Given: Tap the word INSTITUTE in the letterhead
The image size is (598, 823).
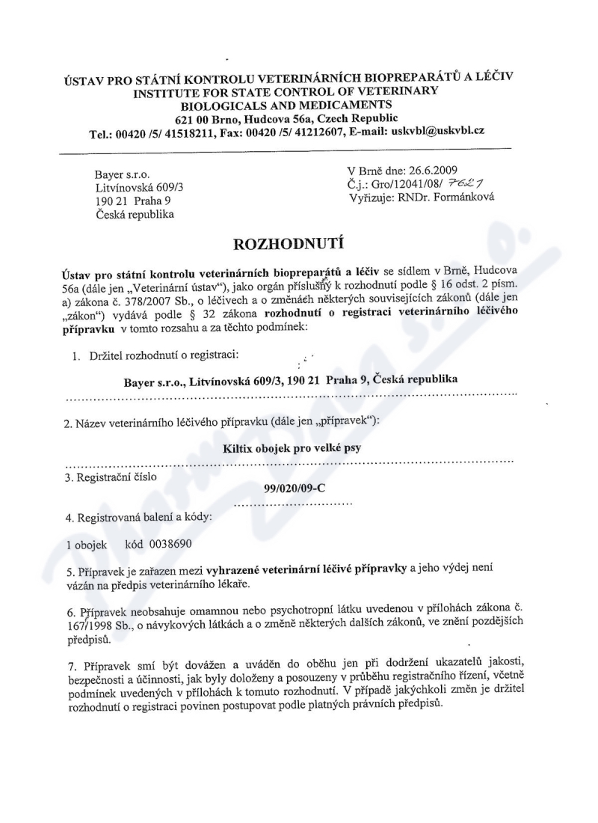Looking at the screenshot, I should [170, 93].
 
